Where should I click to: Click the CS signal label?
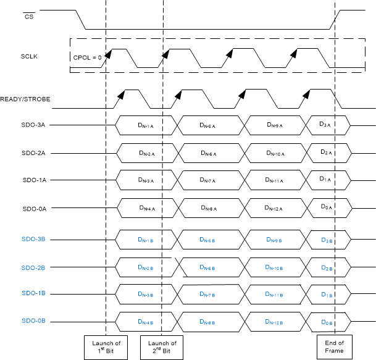pyautogui.click(x=28, y=17)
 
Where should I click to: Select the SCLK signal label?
pyautogui.click(x=29, y=56)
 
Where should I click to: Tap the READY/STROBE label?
pyautogui.click(x=25, y=99)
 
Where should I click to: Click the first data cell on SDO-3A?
pyautogui.click(x=146, y=125)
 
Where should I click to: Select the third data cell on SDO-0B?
pyautogui.click(x=274, y=322)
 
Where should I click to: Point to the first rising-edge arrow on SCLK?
pyautogui.click(x=107, y=54)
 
